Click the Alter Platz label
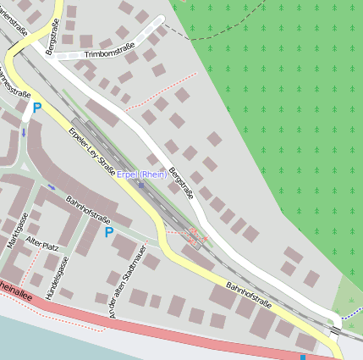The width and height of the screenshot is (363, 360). (x=42, y=244)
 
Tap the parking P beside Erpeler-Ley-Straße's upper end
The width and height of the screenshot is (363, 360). (x=36, y=108)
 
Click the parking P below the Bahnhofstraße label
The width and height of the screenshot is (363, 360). (x=108, y=230)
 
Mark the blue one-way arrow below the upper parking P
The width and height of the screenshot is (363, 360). (x=24, y=131)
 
